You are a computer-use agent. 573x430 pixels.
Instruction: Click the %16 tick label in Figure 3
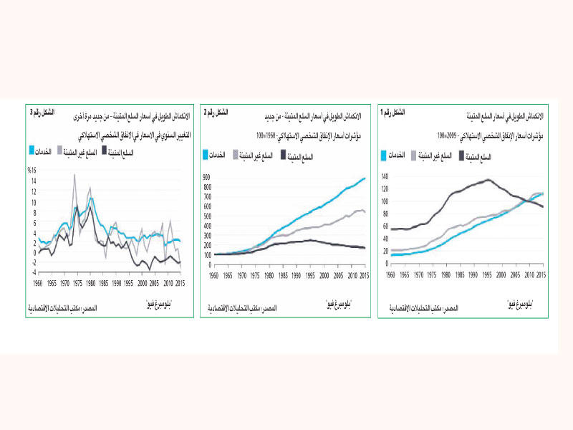click(x=32, y=170)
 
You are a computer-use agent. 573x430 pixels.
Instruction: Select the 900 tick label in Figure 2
click(x=206, y=177)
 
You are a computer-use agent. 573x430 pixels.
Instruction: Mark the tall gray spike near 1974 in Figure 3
click(x=74, y=175)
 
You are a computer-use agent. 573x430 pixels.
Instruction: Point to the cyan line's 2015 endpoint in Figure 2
click(x=365, y=178)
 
